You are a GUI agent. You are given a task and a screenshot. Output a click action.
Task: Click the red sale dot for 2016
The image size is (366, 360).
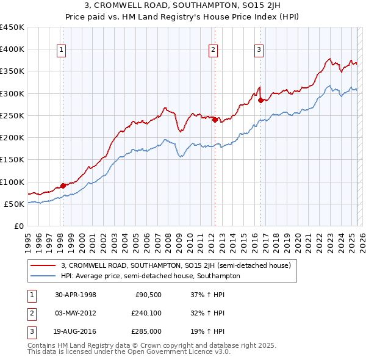coord(261,100)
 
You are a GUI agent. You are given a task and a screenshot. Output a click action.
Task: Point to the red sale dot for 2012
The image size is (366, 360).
coord(215,120)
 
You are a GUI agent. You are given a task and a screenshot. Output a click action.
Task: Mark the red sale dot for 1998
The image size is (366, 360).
coord(63,186)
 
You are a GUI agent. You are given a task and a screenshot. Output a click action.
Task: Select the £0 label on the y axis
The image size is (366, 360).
coord(18,226)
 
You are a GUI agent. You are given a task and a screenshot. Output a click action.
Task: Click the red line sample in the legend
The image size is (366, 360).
coord(43,265)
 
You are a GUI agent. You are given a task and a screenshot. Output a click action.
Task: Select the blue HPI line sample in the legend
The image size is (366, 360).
coord(43,276)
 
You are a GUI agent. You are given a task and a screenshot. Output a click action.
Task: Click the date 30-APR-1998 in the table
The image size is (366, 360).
coord(75,294)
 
